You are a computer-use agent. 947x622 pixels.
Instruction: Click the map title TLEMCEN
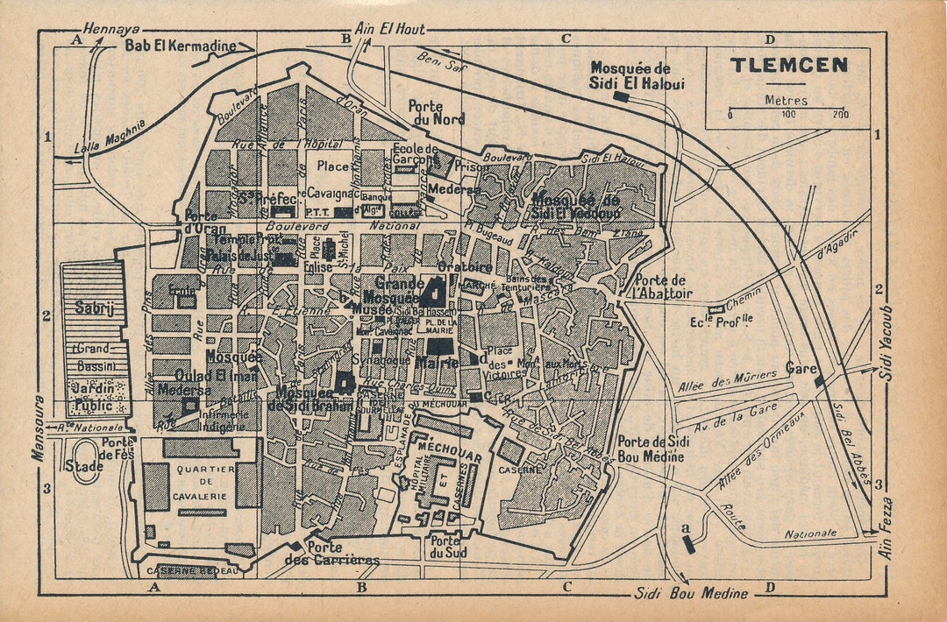tap(789, 65)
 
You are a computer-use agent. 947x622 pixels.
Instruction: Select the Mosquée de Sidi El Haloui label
tap(637, 75)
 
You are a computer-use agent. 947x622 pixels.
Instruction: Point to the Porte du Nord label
tap(437, 112)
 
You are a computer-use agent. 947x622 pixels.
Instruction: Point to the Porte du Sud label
tap(447, 547)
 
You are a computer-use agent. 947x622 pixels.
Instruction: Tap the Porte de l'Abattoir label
tap(662, 286)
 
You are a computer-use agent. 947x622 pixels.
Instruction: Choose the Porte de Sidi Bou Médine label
tap(653, 448)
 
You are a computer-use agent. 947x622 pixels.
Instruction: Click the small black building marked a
tap(687, 543)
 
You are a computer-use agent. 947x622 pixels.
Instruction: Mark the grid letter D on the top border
tap(770, 39)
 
